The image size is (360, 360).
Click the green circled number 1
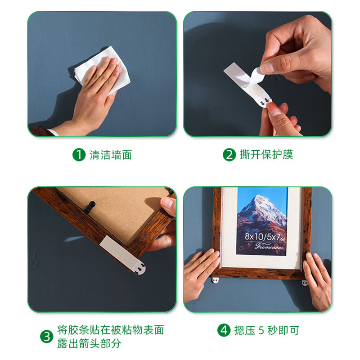[x=79, y=155]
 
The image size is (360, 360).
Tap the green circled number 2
[x=229, y=155]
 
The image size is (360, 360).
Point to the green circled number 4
[x=224, y=330]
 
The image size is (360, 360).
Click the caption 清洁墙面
[x=111, y=155]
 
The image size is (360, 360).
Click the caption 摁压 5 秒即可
[x=265, y=330]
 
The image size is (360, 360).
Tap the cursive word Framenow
[x=262, y=246]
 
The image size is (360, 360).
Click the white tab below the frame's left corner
[x=217, y=281]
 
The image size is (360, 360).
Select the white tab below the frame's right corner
[x=305, y=283]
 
